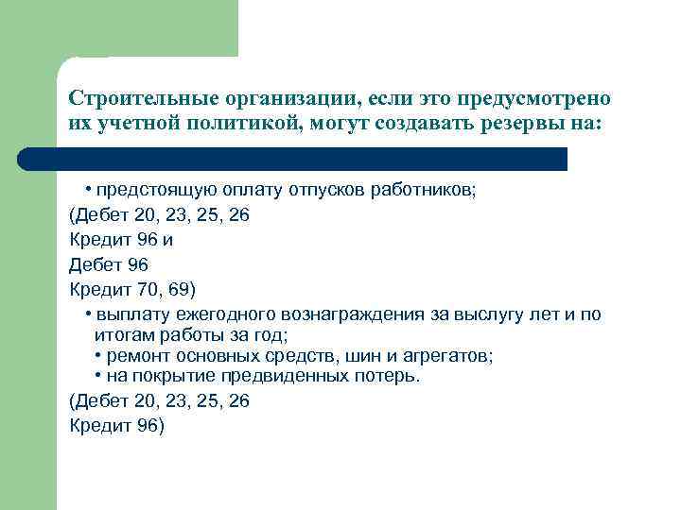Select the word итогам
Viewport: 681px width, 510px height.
[121, 335]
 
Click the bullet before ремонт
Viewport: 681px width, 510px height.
[99, 356]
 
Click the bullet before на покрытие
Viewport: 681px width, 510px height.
[99, 377]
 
